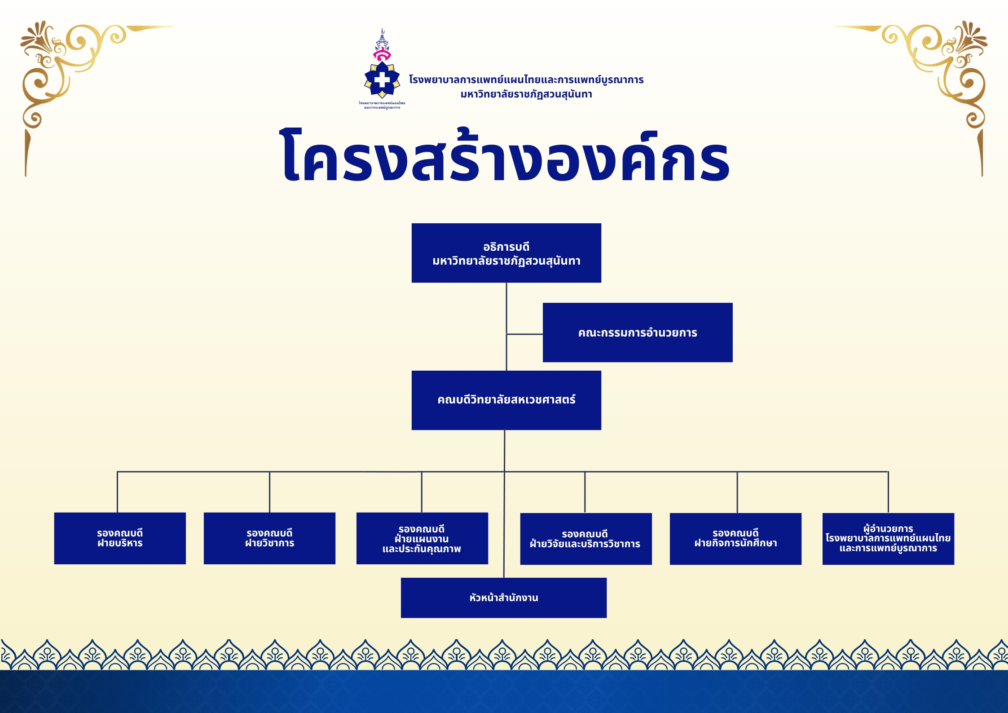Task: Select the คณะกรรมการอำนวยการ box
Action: click(637, 332)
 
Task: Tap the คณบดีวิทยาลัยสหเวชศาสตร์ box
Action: click(506, 400)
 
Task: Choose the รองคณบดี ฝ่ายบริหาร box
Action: click(120, 538)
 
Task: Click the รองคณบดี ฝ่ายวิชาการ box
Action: click(269, 538)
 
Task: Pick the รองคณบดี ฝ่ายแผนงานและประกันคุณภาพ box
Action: click(422, 538)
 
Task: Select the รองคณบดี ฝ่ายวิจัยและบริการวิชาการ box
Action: click(585, 539)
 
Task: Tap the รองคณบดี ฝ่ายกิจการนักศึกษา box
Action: click(735, 538)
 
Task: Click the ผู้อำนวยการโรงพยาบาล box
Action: click(888, 538)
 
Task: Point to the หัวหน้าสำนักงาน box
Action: click(503, 598)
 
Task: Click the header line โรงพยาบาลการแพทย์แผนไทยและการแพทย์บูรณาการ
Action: click(526, 80)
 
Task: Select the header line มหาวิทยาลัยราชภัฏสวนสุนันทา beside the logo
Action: click(526, 94)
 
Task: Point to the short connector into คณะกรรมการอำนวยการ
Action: click(524, 334)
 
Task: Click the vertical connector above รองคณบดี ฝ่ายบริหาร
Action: click(117, 492)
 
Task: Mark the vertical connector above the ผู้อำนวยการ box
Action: click(888, 492)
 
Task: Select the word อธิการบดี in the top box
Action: click(506, 247)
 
